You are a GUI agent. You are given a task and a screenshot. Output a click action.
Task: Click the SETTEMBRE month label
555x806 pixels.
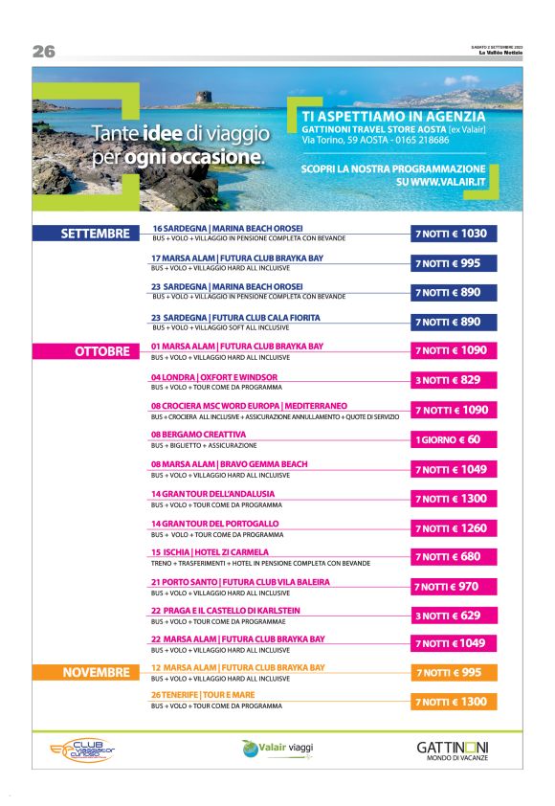click(95, 234)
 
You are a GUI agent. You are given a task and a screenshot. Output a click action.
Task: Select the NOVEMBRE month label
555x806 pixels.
click(95, 673)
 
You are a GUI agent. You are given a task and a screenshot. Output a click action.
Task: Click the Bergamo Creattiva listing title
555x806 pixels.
click(191, 435)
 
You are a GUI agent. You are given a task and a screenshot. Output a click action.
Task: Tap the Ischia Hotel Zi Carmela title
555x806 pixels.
click(210, 552)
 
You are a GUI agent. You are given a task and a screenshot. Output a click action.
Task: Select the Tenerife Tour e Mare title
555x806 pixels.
click(203, 695)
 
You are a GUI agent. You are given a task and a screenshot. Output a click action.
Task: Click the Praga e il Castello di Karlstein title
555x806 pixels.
click(226, 611)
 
